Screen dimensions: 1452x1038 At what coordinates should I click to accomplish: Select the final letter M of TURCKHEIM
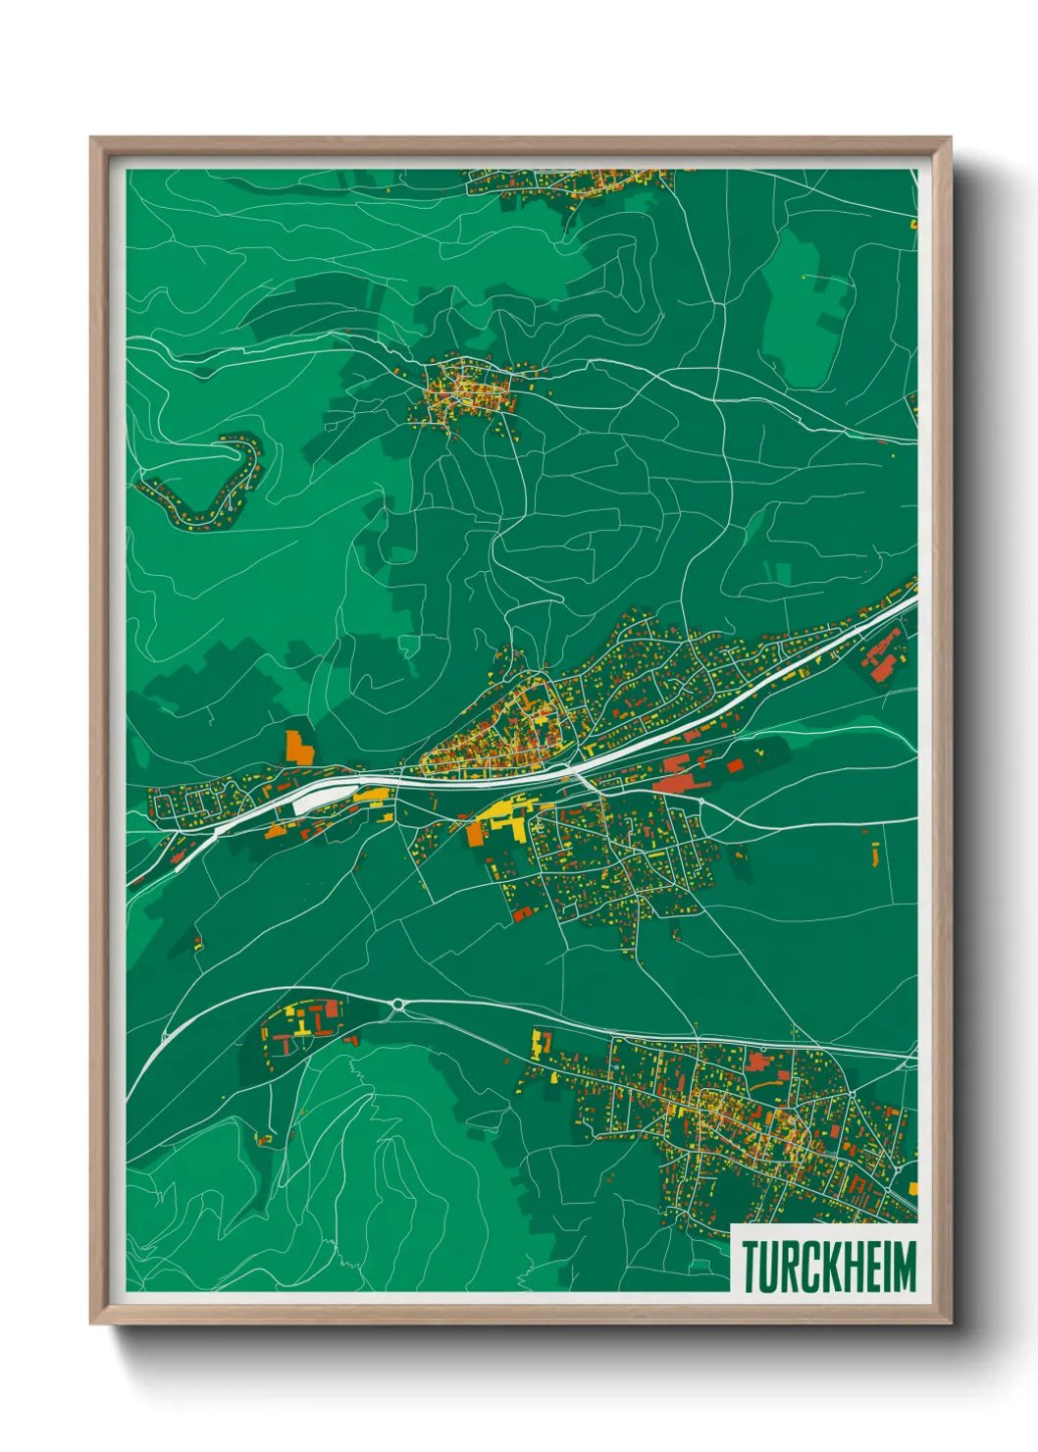904,1267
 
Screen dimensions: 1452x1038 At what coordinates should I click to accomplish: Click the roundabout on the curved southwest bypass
399,1004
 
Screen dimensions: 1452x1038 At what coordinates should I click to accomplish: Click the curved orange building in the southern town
765,1084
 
